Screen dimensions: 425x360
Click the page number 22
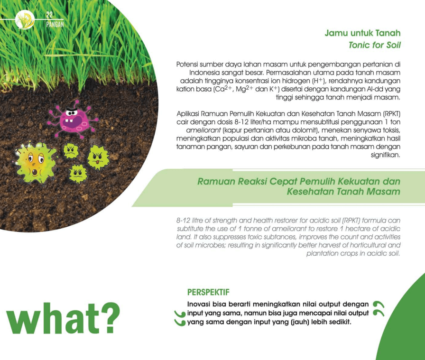tap(49, 14)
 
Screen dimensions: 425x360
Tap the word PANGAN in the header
tap(55, 24)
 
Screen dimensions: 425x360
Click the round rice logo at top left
tap(25, 19)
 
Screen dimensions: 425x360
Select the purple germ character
tap(73, 119)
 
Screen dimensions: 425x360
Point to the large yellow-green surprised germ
tap(35, 163)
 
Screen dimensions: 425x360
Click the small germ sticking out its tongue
tap(98, 157)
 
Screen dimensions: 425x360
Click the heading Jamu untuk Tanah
tap(362, 33)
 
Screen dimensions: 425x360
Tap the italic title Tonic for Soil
tap(374, 45)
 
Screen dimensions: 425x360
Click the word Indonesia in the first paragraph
tap(204, 73)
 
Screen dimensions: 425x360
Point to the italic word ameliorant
tap(203, 130)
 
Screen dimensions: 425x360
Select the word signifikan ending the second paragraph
tap(385, 155)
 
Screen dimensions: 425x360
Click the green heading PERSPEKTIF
tap(208, 292)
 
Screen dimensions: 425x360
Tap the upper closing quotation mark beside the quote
tap(379, 304)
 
